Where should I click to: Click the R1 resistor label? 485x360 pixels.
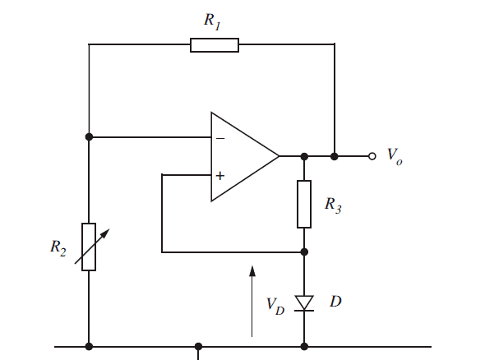[213, 21]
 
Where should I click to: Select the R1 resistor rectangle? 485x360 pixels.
[215, 45]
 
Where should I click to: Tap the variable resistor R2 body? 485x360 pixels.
[89, 247]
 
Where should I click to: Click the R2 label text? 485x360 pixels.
[58, 248]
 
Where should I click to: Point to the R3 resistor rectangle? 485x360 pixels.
[304, 204]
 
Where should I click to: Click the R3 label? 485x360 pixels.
[333, 205]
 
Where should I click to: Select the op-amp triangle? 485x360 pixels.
[245, 156]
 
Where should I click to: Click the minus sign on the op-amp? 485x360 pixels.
[220, 138]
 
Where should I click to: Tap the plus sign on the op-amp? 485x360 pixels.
[220, 176]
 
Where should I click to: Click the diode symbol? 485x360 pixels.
[304, 303]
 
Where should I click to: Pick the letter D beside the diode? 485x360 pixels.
[335, 302]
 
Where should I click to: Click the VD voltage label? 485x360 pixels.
[275, 307]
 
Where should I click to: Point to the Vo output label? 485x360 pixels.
[395, 156]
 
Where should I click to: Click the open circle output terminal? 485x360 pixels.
[372, 156]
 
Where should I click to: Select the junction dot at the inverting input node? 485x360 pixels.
[89, 136]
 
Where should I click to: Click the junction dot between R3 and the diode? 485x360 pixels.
[304, 252]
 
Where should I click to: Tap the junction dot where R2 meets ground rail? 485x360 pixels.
[89, 346]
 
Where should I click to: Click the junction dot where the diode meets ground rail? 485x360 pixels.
[304, 346]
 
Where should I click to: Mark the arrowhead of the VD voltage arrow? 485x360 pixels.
[252, 270]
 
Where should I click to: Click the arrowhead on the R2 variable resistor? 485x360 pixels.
[105, 233]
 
